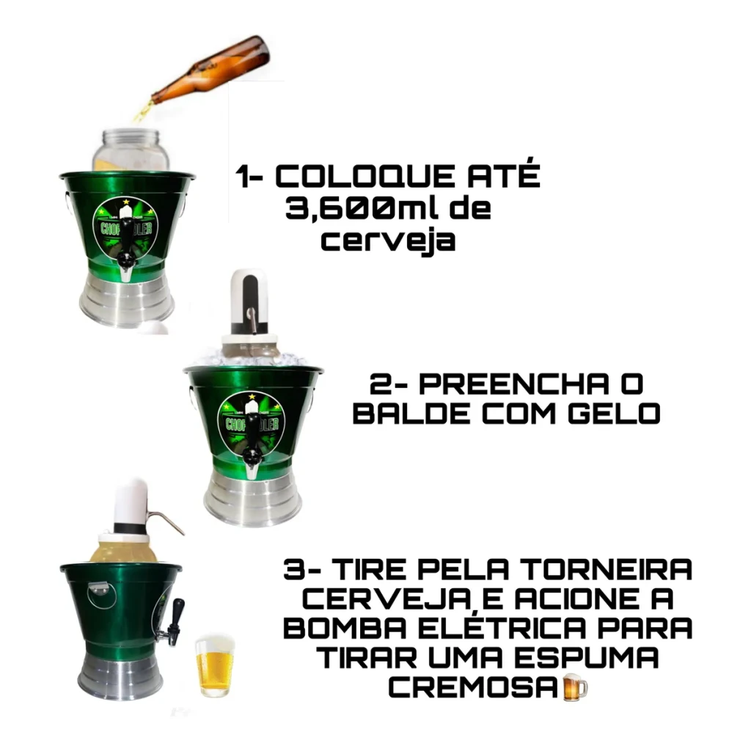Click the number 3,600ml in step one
360,209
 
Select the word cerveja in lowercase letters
388,241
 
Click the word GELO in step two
614,414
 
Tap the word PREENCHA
514,384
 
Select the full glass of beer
215,666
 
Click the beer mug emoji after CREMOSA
574,688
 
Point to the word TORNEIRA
607,569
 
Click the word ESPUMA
588,658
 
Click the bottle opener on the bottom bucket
101,594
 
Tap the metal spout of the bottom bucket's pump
165,522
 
